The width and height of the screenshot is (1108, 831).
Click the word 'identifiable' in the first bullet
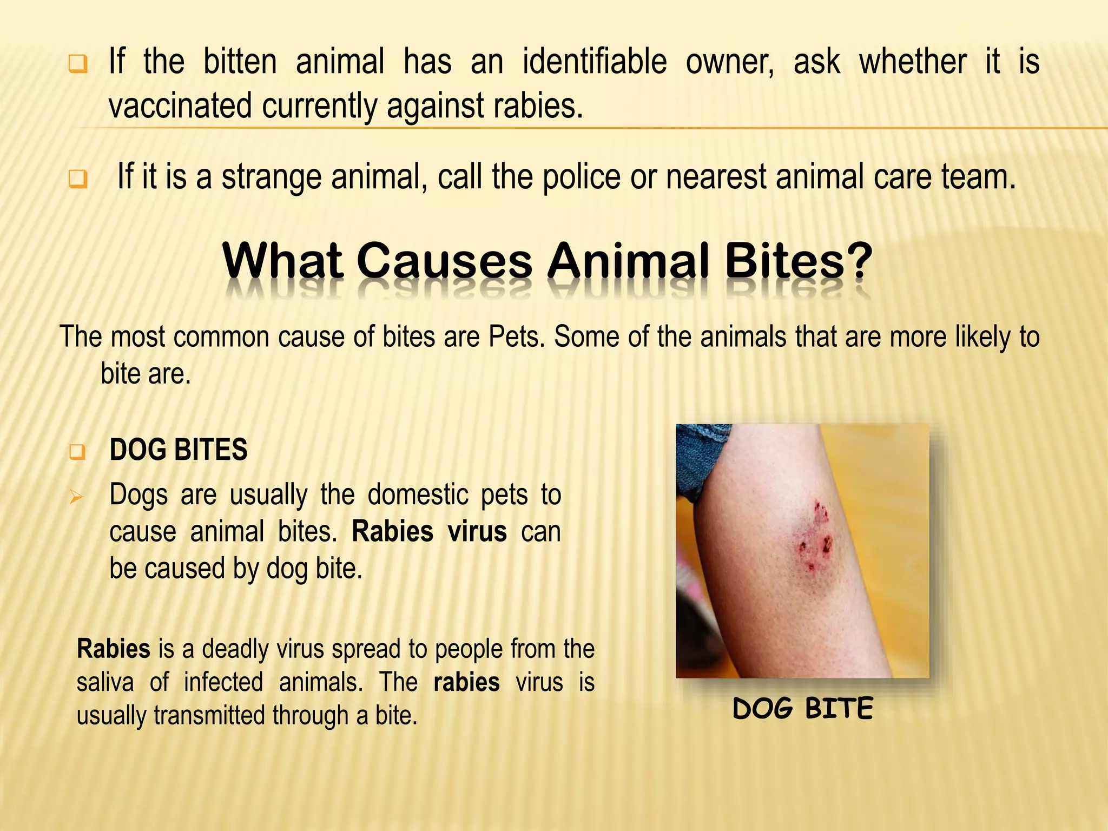[594, 62]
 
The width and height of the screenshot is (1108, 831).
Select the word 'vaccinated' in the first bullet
[180, 105]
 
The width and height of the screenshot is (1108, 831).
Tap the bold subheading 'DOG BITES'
[179, 450]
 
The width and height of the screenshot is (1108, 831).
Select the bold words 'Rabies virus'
[429, 532]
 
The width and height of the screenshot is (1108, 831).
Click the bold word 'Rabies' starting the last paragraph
[114, 649]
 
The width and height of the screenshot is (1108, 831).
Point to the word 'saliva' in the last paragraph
[105, 682]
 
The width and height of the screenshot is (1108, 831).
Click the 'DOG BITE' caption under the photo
[802, 709]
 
